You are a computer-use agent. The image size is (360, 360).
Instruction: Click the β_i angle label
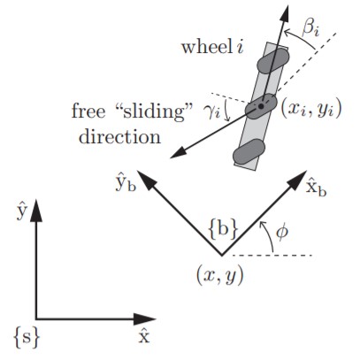point(310,28)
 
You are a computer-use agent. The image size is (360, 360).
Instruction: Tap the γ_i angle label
point(211,112)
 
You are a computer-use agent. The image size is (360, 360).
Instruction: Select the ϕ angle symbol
point(281,233)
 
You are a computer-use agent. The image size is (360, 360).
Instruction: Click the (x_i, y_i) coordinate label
point(310,109)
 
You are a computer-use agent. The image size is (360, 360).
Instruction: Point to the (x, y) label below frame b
point(220,276)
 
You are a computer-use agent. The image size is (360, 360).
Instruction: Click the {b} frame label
point(223,229)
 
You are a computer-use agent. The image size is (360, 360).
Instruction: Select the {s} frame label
point(27,337)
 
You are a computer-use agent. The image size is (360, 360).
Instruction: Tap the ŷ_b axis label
point(126,185)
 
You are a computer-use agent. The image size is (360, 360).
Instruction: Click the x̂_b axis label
point(316,188)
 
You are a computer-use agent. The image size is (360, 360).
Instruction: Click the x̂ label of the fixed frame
point(144,337)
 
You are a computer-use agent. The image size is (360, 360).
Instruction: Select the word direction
point(119,137)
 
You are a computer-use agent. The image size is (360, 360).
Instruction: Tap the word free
point(88,111)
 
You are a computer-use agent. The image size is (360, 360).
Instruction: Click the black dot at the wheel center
point(261,106)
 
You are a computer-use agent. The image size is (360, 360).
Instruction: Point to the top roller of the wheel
point(272,61)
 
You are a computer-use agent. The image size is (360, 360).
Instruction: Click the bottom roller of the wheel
point(249,151)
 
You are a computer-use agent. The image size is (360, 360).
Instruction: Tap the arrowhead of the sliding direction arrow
point(178,154)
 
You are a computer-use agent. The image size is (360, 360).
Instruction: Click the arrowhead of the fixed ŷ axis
point(36,210)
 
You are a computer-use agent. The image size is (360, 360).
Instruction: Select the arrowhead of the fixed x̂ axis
point(144,318)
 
